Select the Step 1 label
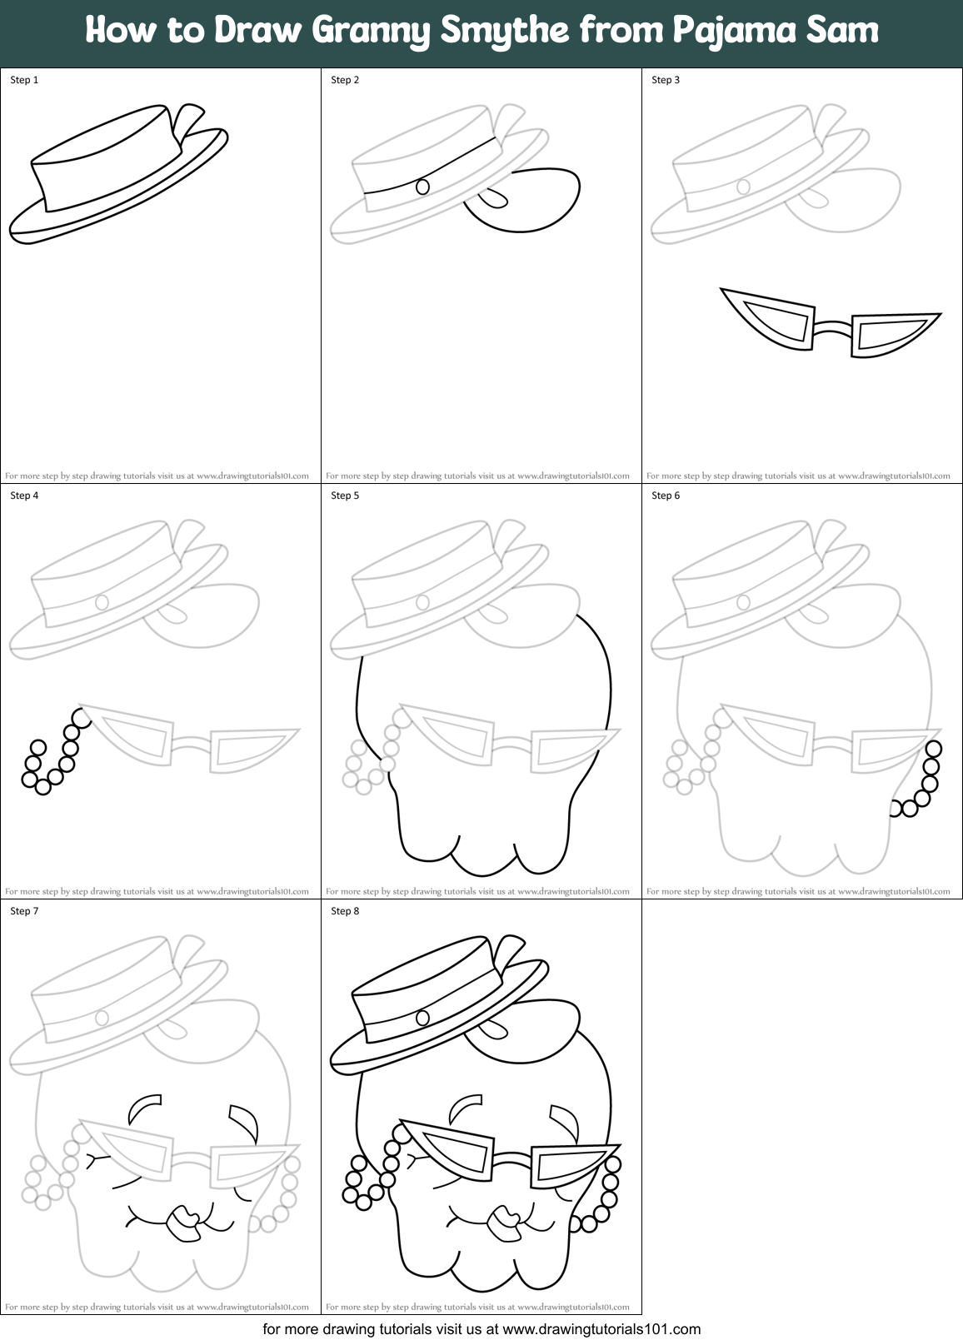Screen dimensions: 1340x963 [24, 80]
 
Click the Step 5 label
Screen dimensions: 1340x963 [345, 496]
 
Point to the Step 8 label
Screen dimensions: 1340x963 [345, 911]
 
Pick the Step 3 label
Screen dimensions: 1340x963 [666, 80]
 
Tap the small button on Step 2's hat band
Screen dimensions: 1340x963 [422, 187]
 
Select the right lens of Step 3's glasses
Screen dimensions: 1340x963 [888, 331]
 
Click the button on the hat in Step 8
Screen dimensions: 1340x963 [422, 1018]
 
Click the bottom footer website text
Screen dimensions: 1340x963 [482, 1329]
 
